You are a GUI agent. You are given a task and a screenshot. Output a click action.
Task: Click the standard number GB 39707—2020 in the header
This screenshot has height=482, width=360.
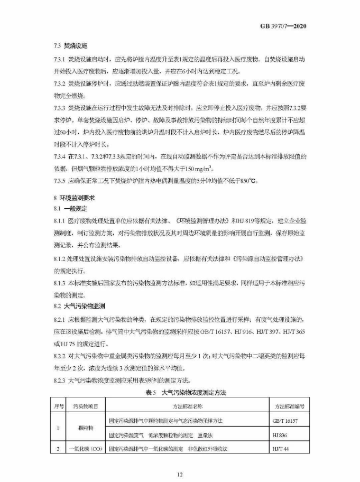click(x=284, y=26)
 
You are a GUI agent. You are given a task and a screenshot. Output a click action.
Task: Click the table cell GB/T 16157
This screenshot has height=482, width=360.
click(x=287, y=420)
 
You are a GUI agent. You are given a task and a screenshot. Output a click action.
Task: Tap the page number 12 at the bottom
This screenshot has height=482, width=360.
click(x=180, y=475)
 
